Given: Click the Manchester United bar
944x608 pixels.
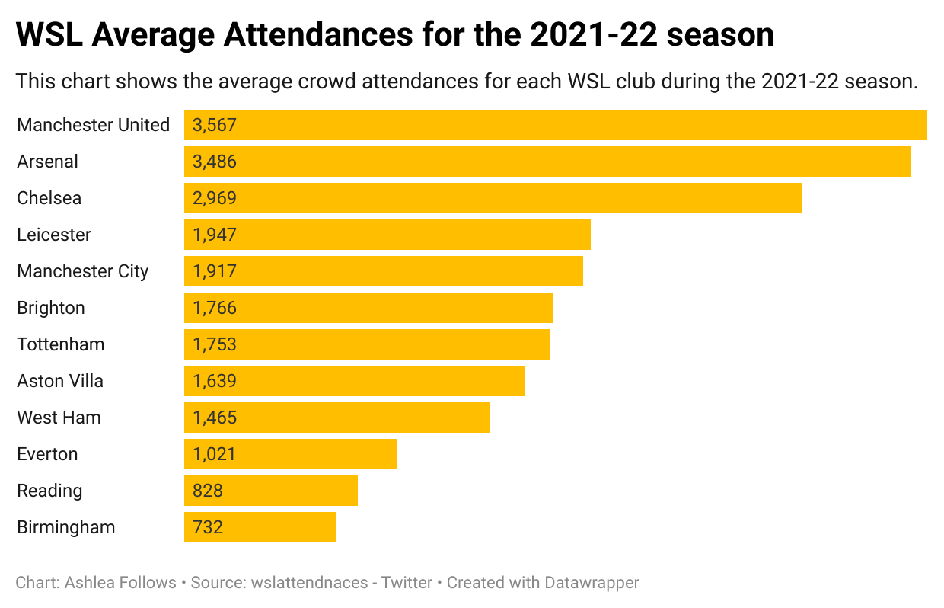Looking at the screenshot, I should tap(555, 125).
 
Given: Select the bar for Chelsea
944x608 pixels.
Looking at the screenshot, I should tap(493, 198).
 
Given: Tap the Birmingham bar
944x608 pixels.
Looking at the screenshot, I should tap(260, 527).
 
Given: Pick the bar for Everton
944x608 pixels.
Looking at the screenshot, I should tap(290, 454).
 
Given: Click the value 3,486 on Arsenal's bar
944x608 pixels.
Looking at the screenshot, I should tap(215, 162).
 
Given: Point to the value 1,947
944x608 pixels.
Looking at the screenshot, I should tap(215, 235).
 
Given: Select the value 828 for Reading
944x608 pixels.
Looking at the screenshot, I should tap(208, 491).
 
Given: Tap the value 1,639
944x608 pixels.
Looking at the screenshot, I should tap(215, 381).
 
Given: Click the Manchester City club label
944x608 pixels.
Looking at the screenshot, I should tap(82, 271).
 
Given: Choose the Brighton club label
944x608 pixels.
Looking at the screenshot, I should tap(51, 308).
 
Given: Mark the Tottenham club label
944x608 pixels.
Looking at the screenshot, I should tap(60, 344).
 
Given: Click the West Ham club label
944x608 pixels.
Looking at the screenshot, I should tap(59, 418).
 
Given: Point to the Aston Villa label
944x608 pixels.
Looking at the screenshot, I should tap(59, 381).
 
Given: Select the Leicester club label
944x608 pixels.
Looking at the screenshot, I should tap(54, 235).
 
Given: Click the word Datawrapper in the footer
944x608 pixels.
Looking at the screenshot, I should tap(592, 583).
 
